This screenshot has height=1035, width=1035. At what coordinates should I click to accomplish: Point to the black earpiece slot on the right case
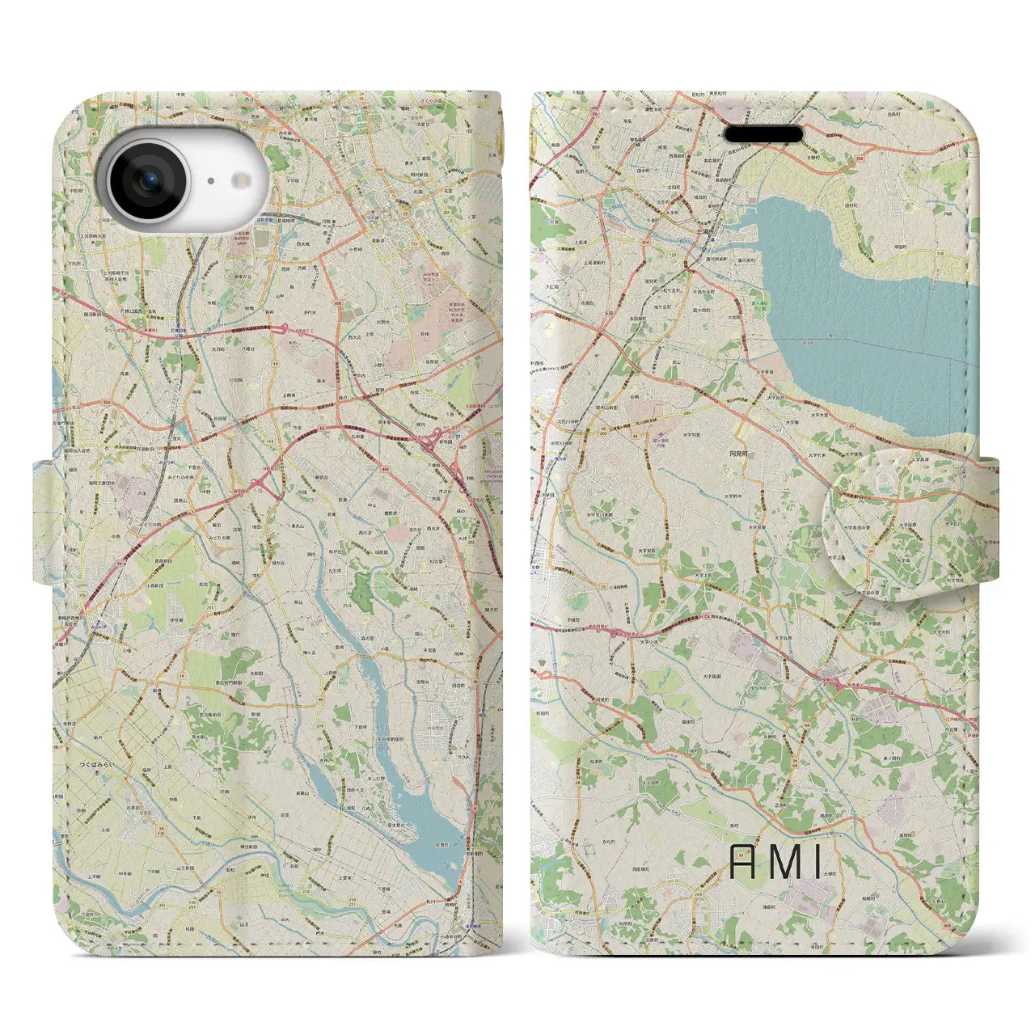coord(763,133)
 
